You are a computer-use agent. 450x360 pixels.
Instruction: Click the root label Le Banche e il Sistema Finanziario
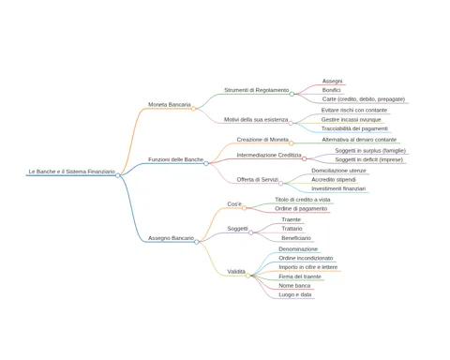(x=72, y=172)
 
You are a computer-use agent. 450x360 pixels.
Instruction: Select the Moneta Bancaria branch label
(x=170, y=104)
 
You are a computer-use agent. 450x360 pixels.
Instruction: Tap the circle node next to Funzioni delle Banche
(x=206, y=163)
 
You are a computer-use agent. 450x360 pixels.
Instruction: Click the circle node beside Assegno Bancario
(x=197, y=242)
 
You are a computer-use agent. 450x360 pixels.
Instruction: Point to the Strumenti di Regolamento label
(x=257, y=90)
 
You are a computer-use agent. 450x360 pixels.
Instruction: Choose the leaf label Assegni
(x=332, y=82)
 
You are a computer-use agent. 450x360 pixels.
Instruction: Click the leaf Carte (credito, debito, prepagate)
(x=364, y=99)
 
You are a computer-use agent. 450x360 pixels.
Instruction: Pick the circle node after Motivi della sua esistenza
(x=291, y=124)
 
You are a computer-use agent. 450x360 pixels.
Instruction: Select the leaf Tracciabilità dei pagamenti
(x=354, y=128)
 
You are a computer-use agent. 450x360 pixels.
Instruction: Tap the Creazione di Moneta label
(x=262, y=140)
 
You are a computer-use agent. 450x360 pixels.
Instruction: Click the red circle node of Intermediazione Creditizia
(x=304, y=159)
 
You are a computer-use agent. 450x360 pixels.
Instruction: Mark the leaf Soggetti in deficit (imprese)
(x=369, y=159)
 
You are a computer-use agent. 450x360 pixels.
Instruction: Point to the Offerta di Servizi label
(x=258, y=179)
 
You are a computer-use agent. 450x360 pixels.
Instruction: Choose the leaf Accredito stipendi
(x=334, y=180)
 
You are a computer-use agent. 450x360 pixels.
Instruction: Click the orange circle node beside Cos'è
(x=244, y=208)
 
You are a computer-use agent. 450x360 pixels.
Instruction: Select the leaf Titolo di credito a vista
(x=303, y=200)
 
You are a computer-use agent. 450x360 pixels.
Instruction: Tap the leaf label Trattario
(x=292, y=229)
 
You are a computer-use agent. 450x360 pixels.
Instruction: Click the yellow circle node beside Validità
(x=247, y=276)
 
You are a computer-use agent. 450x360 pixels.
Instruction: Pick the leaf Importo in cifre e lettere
(x=308, y=267)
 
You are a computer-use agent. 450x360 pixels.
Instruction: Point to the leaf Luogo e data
(x=295, y=294)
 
